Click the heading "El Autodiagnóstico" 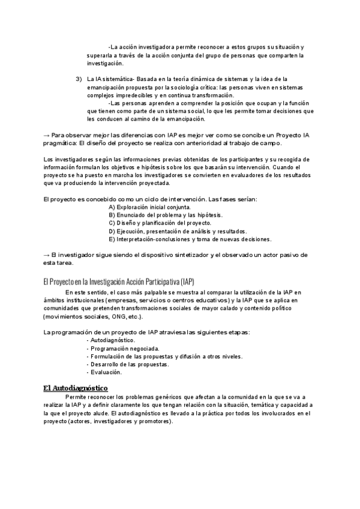click(75, 388)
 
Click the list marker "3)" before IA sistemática click(79, 79)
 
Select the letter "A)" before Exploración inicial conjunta click(112, 207)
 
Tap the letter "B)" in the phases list click(112, 215)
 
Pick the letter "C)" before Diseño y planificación click(112, 223)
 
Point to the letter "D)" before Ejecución click(112, 231)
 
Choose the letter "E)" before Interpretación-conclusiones click(112, 239)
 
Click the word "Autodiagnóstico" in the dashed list click(112, 340)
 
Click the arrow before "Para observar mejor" click(47, 136)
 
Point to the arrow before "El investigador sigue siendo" click(47, 255)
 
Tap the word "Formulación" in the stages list click(109, 356)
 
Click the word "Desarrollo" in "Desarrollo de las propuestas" click(106, 364)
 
